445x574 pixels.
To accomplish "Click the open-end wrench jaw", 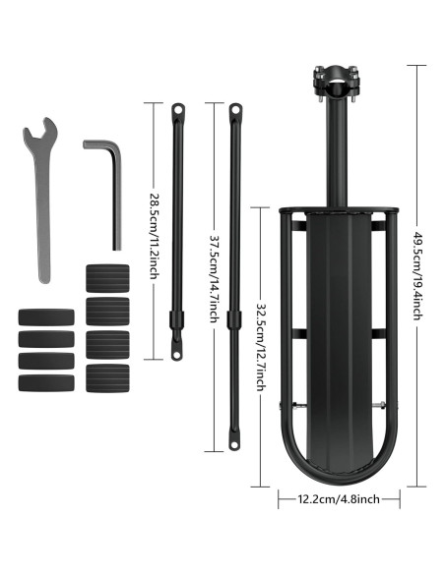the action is tap(40, 131).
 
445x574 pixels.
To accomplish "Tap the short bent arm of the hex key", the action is tap(98, 144).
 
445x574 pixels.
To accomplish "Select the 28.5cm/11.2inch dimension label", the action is tap(155, 236).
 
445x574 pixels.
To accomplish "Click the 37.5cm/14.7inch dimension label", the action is tap(216, 278).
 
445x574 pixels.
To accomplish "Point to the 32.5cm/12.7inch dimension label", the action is tap(261, 347).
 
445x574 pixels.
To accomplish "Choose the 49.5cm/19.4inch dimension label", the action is tap(418, 276).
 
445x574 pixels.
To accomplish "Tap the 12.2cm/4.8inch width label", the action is tap(339, 498).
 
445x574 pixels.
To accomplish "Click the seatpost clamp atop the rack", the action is tap(336, 83).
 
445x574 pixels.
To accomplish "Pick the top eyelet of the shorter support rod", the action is tap(178, 109).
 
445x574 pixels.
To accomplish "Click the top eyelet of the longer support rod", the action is tap(235, 109).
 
